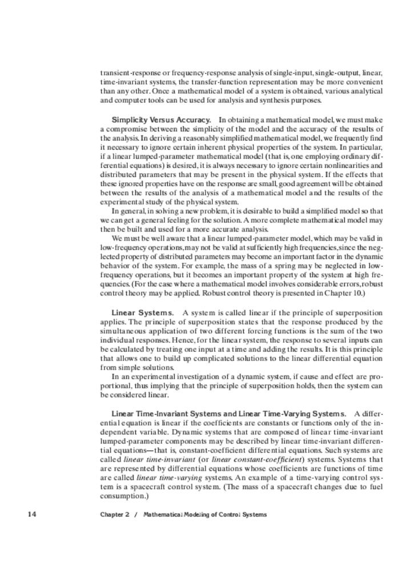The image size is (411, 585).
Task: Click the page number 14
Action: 32,514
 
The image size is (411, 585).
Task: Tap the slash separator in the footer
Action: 136,515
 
